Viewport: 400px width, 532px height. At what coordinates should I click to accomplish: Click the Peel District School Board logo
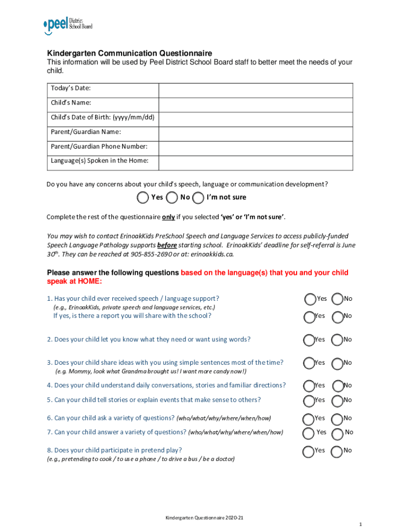pyautogui.click(x=68, y=25)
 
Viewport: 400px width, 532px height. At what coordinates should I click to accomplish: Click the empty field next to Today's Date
pyautogui.click(x=255, y=90)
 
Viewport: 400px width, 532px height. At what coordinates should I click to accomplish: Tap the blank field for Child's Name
pyautogui.click(x=255, y=104)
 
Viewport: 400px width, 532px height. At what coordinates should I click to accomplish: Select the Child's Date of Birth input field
pyautogui.click(x=255, y=119)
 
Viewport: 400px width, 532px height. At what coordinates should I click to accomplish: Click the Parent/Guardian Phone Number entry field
pyautogui.click(x=255, y=148)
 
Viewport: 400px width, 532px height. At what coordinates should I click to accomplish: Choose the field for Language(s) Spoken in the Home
pyautogui.click(x=255, y=163)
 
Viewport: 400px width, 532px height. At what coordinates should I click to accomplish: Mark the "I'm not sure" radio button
pyautogui.click(x=198, y=197)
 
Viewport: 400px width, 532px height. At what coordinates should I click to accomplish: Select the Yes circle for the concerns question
pyautogui.click(x=142, y=197)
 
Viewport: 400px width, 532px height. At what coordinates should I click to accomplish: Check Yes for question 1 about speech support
pyautogui.click(x=310, y=299)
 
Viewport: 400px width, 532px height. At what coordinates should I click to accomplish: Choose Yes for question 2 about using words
pyautogui.click(x=309, y=339)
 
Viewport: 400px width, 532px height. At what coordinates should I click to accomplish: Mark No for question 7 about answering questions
pyautogui.click(x=338, y=433)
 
